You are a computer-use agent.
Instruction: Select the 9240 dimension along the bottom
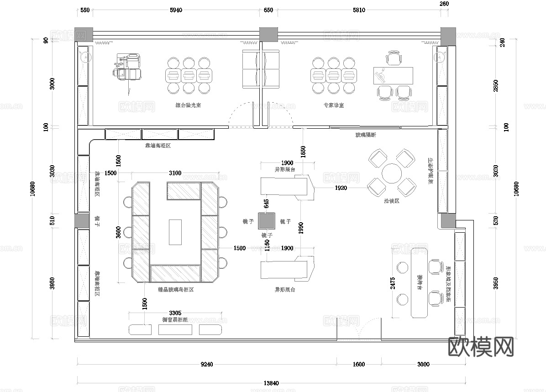click(207, 364)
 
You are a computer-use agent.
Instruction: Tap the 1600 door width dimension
click(359, 364)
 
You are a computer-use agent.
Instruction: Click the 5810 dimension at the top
click(359, 10)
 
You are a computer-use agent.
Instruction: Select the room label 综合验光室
click(189, 105)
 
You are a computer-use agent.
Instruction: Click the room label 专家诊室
click(334, 105)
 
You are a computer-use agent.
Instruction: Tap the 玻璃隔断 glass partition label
click(365, 135)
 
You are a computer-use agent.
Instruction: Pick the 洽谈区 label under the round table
click(391, 201)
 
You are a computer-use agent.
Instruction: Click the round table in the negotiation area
click(391, 174)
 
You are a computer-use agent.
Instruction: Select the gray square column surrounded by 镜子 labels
click(266, 221)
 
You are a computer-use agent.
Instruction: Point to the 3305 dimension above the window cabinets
click(175, 313)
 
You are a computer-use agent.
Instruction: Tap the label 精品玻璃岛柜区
click(176, 290)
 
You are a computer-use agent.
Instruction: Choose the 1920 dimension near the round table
click(341, 188)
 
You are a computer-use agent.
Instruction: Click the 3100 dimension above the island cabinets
click(175, 173)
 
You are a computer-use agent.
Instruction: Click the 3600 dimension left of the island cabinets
click(119, 233)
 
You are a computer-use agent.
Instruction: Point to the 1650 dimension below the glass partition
click(303, 152)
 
